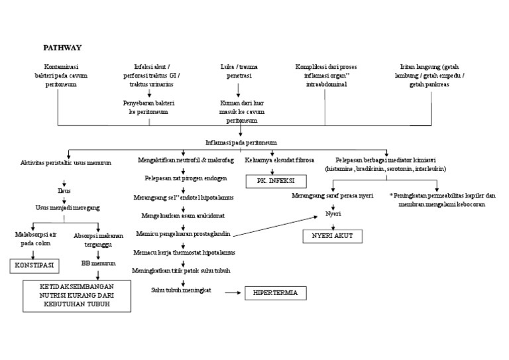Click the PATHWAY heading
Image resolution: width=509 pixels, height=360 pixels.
pos(62,48)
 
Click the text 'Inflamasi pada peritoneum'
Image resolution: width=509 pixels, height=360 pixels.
pos(241,143)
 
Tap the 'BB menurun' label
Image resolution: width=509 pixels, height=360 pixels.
pos(99,263)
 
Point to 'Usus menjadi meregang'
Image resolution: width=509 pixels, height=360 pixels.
pos(64,208)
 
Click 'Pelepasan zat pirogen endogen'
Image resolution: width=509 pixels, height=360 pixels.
pos(186,179)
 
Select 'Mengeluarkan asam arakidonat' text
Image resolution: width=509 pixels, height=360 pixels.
pos(184,216)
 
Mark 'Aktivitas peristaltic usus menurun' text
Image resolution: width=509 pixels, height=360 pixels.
pos(66,162)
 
